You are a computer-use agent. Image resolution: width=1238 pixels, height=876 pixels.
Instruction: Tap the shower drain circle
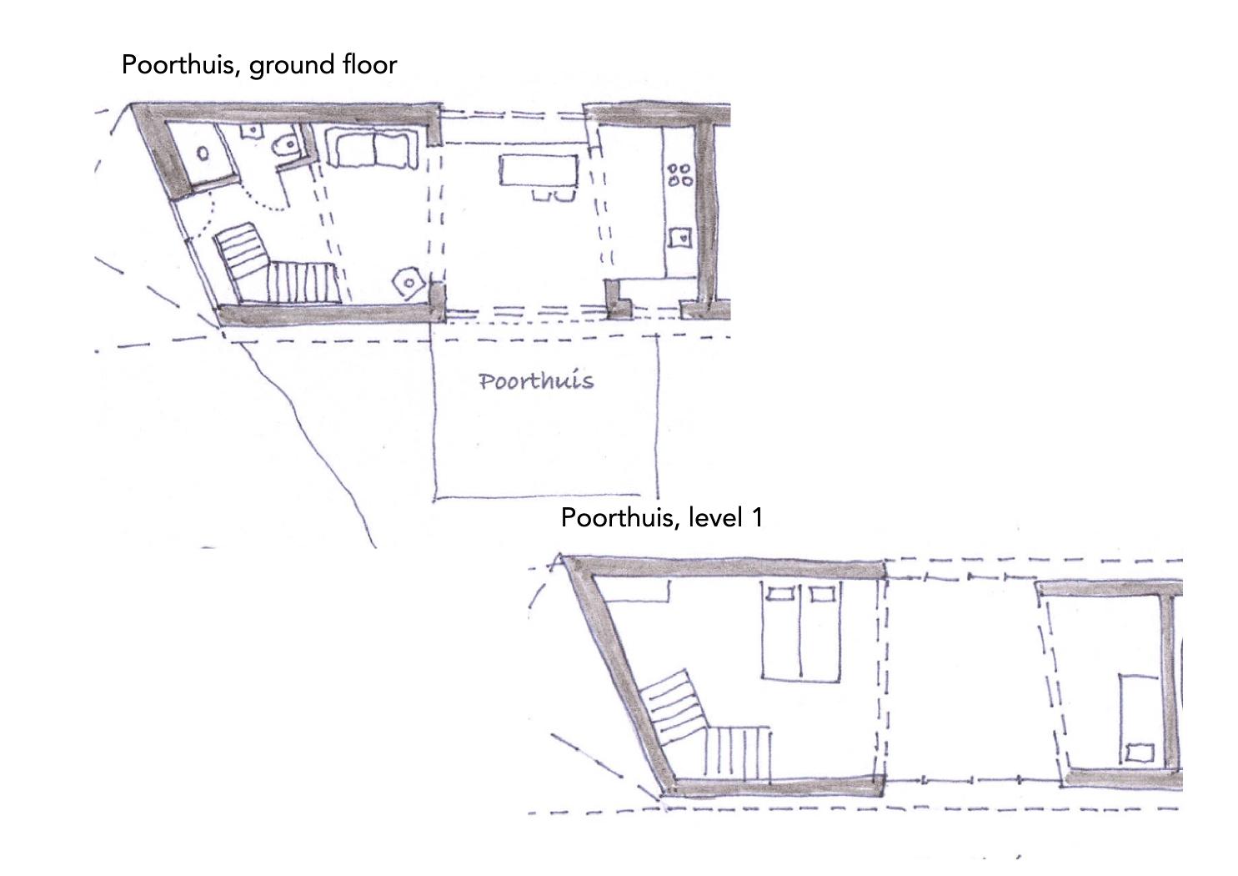[x=203, y=154]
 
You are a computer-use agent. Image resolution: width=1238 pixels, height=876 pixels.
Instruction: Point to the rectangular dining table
[x=539, y=170]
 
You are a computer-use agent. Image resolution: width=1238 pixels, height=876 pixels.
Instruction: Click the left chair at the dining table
[x=541, y=194]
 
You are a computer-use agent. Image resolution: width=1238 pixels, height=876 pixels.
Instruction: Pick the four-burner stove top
[x=679, y=174]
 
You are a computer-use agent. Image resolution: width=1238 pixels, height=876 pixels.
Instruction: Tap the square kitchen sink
[x=680, y=238]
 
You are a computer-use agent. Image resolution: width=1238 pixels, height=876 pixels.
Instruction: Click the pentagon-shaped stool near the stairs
[x=408, y=283]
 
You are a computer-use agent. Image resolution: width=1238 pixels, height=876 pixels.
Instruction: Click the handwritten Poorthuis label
[x=536, y=380]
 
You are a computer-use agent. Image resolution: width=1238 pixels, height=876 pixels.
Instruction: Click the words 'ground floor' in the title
[x=323, y=65]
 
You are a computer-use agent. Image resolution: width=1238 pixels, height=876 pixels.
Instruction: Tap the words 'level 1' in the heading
[x=725, y=517]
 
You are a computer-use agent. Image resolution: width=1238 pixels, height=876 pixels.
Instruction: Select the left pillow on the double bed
[x=781, y=594]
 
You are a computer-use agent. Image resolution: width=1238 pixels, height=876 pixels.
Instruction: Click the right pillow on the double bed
[x=822, y=594]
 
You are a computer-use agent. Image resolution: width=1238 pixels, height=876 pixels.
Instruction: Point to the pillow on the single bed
[x=1140, y=753]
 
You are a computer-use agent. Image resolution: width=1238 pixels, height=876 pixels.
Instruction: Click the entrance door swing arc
[x=204, y=219]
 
